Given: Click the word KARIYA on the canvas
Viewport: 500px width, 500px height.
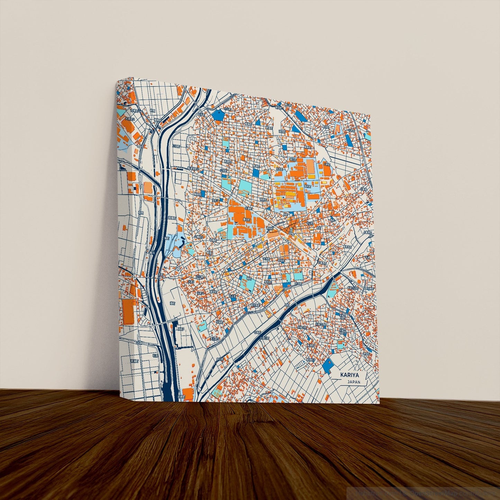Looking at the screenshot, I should [349, 375].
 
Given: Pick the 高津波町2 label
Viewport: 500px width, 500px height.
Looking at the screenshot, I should [193, 169].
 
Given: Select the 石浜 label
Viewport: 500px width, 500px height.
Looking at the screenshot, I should [155, 355].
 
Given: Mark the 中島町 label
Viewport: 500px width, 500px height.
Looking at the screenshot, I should [257, 332].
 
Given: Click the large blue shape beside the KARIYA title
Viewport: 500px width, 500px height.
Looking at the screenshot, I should [327, 364].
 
